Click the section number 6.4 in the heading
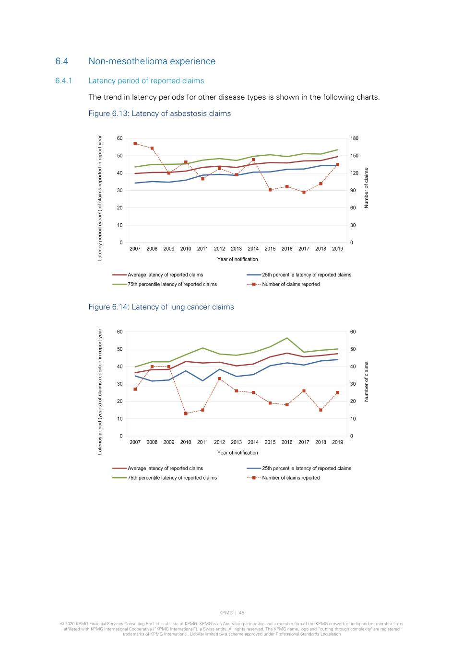tap(61, 61)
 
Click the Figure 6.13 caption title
tap(159, 114)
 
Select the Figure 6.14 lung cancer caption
tap(161, 307)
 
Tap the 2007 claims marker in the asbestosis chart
tap(135, 144)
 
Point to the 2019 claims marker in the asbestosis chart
tap(338, 164)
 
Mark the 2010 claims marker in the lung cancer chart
tap(186, 413)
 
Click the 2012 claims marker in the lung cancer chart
tap(220, 379)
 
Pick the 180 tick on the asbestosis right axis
tap(354, 138)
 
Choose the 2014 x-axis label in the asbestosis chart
tap(253, 249)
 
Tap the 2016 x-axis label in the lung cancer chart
tap(287, 442)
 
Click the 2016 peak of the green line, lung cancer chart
tap(287, 338)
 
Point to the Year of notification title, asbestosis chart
tap(237, 259)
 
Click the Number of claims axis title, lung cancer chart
tap(367, 381)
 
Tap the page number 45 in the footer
tap(242, 613)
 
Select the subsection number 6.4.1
tap(63, 81)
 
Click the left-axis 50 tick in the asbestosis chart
tap(119, 156)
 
